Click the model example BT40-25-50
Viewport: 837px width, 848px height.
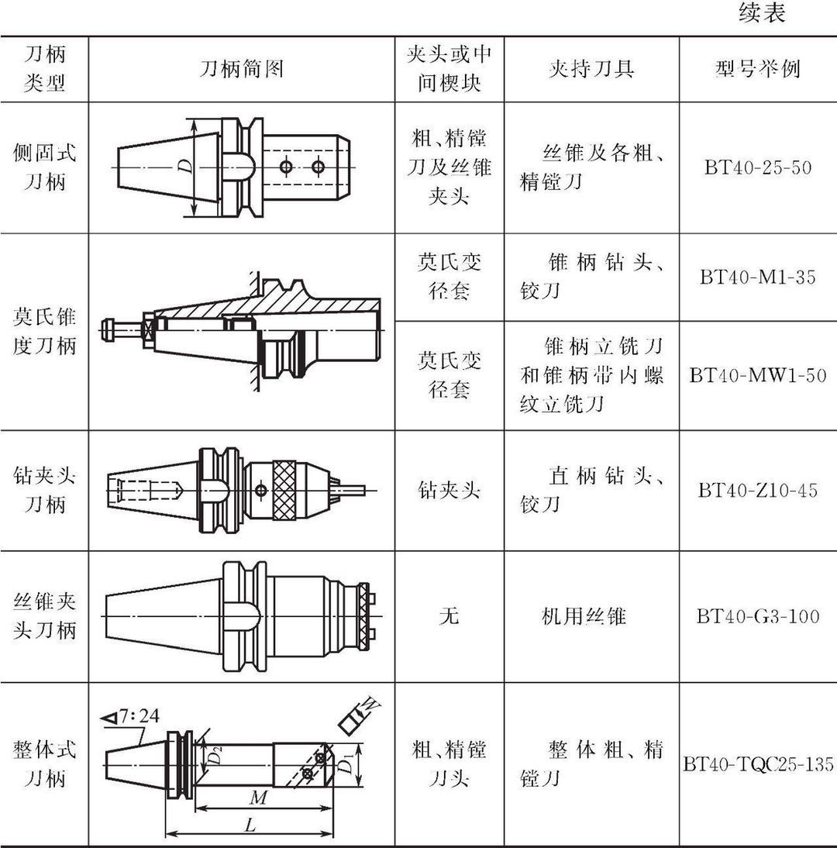point(758,167)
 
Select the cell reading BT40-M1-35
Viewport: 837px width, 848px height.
point(758,277)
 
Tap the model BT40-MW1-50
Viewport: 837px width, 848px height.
point(758,375)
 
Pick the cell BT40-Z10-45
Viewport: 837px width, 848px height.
point(758,490)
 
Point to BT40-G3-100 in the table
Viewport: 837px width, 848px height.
point(758,617)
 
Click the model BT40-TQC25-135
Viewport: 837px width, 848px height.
point(758,764)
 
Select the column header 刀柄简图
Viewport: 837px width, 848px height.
point(241,69)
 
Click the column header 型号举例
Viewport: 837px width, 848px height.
point(757,69)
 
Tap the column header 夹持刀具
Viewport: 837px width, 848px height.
point(591,69)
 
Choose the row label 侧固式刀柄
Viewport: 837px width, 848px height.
point(45,167)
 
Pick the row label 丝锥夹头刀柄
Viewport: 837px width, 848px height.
point(45,616)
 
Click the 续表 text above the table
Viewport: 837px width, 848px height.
point(762,14)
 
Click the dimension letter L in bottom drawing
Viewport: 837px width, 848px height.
point(250,826)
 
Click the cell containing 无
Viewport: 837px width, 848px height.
point(449,616)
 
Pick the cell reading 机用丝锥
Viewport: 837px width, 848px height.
point(583,616)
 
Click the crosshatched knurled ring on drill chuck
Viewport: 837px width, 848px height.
point(287,490)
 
